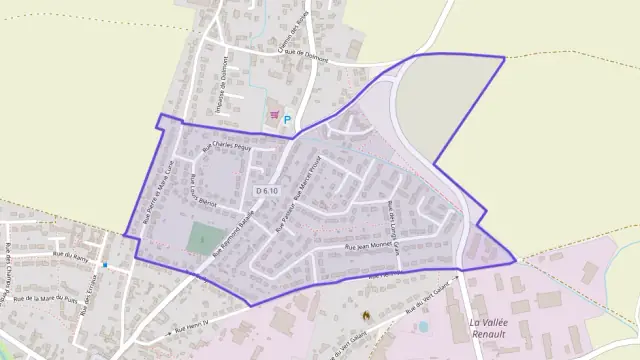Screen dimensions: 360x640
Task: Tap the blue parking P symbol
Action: pyautogui.click(x=287, y=119)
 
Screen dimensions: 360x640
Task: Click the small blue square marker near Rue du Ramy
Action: pyautogui.click(x=104, y=265)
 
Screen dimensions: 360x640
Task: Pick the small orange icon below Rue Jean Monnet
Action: pyautogui.click(x=366, y=314)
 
